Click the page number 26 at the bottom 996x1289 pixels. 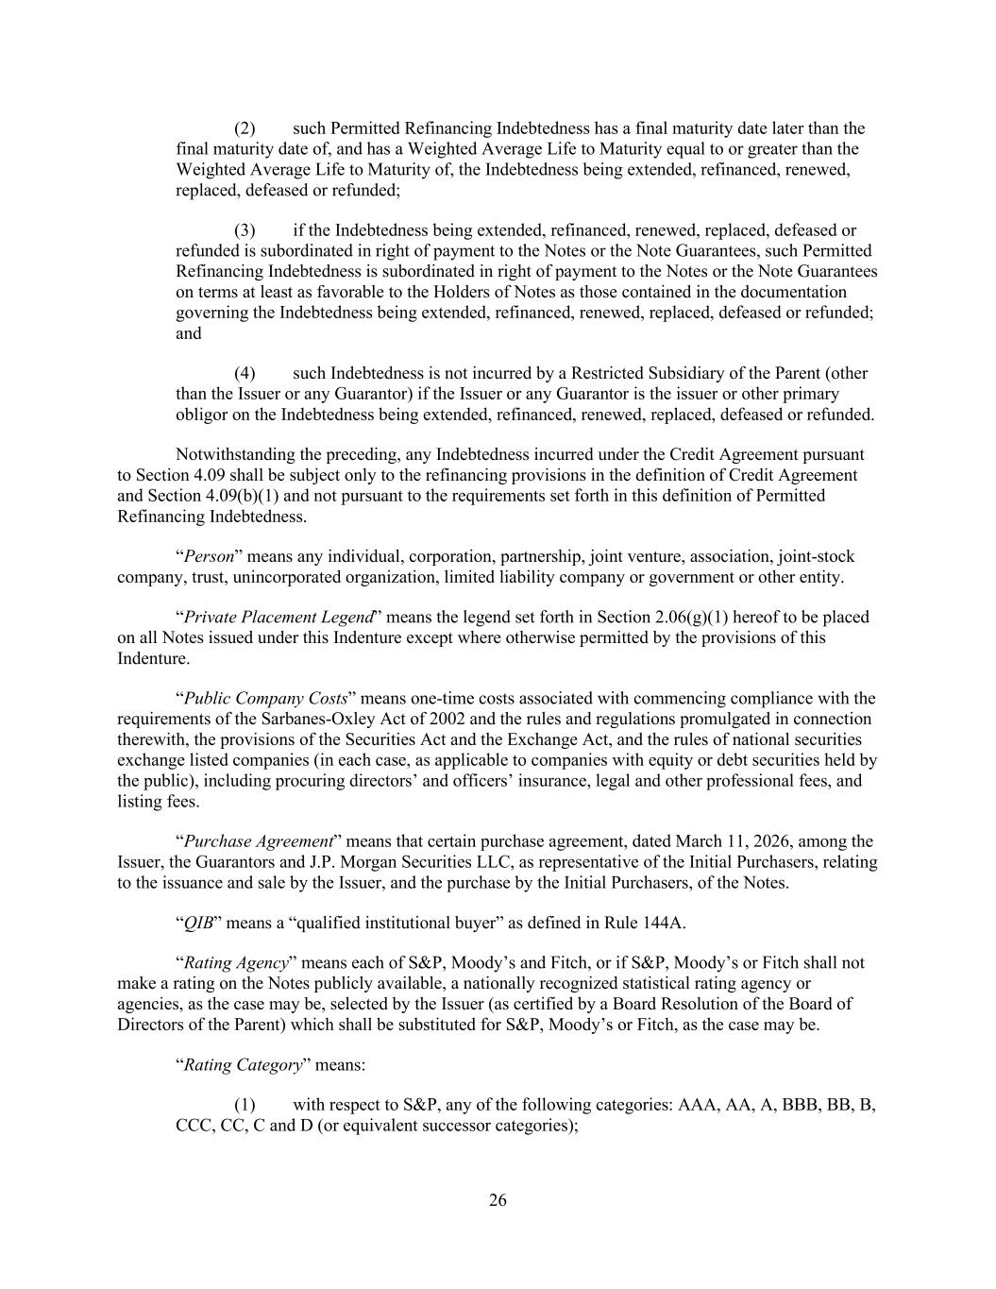click(x=498, y=1200)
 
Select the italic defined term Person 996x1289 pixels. click(x=209, y=556)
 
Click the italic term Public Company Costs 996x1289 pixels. click(x=265, y=699)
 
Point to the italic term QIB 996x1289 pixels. click(x=196, y=923)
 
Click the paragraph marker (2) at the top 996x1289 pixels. click(x=245, y=128)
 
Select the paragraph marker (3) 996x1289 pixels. click(x=245, y=230)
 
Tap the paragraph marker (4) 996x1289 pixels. click(x=245, y=373)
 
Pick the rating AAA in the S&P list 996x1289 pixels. click(x=697, y=1105)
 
